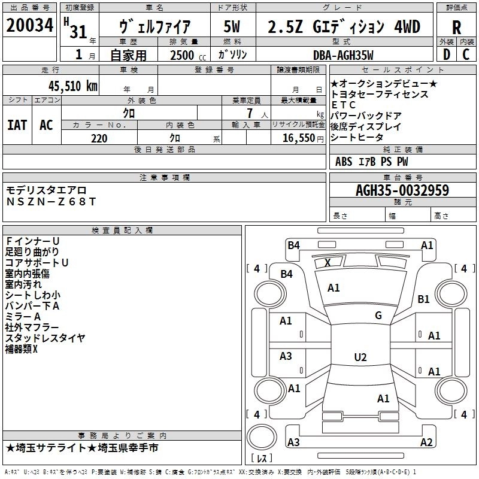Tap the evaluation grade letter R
[456, 27]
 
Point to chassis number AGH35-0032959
[402, 190]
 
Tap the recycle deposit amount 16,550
[298, 138]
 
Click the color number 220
[99, 138]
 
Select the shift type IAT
[17, 125]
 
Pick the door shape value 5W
[232, 27]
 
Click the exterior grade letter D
[446, 55]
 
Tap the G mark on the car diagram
[378, 316]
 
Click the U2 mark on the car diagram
[360, 357]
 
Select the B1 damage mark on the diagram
[424, 299]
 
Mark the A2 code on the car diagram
[426, 442]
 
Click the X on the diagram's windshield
[328, 262]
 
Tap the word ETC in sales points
[344, 105]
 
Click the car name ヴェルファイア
[155, 27]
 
